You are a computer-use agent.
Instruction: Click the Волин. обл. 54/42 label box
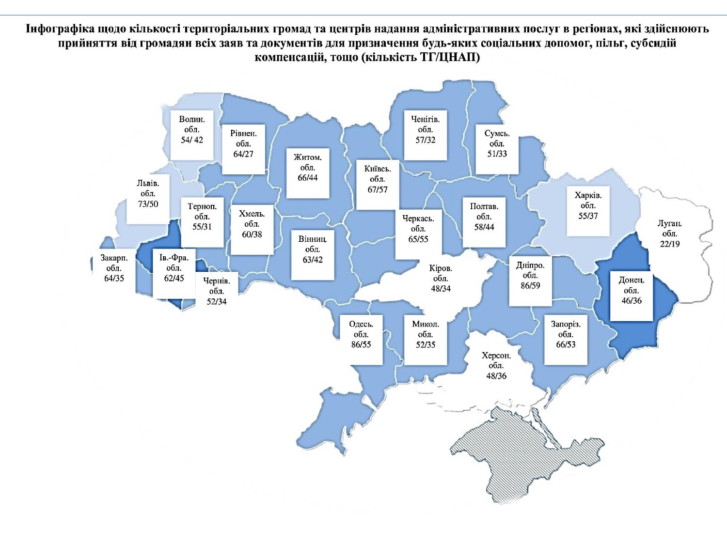(x=192, y=130)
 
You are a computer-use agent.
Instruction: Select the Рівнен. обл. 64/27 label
(x=243, y=144)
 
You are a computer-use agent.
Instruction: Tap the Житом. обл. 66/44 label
(x=308, y=168)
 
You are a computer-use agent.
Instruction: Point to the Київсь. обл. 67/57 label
(x=378, y=179)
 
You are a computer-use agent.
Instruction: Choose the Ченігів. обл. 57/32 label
(x=426, y=130)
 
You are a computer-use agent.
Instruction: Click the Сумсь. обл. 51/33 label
(x=497, y=144)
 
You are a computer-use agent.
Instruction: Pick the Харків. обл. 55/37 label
(x=588, y=206)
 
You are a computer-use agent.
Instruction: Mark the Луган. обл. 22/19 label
(x=670, y=234)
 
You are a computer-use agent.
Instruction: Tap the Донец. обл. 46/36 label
(x=632, y=291)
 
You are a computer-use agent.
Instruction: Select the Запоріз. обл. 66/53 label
(x=566, y=334)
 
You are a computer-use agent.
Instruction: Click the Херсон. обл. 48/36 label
(x=496, y=366)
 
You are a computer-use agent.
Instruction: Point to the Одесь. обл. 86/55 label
(x=361, y=334)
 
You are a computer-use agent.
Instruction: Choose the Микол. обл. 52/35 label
(x=426, y=334)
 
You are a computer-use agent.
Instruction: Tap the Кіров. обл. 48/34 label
(x=441, y=279)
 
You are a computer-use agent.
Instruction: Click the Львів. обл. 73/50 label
(x=148, y=194)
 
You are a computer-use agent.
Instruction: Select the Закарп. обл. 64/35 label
(x=114, y=268)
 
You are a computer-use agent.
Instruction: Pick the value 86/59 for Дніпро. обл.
(x=530, y=286)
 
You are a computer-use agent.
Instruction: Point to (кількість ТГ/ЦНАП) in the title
(x=421, y=57)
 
